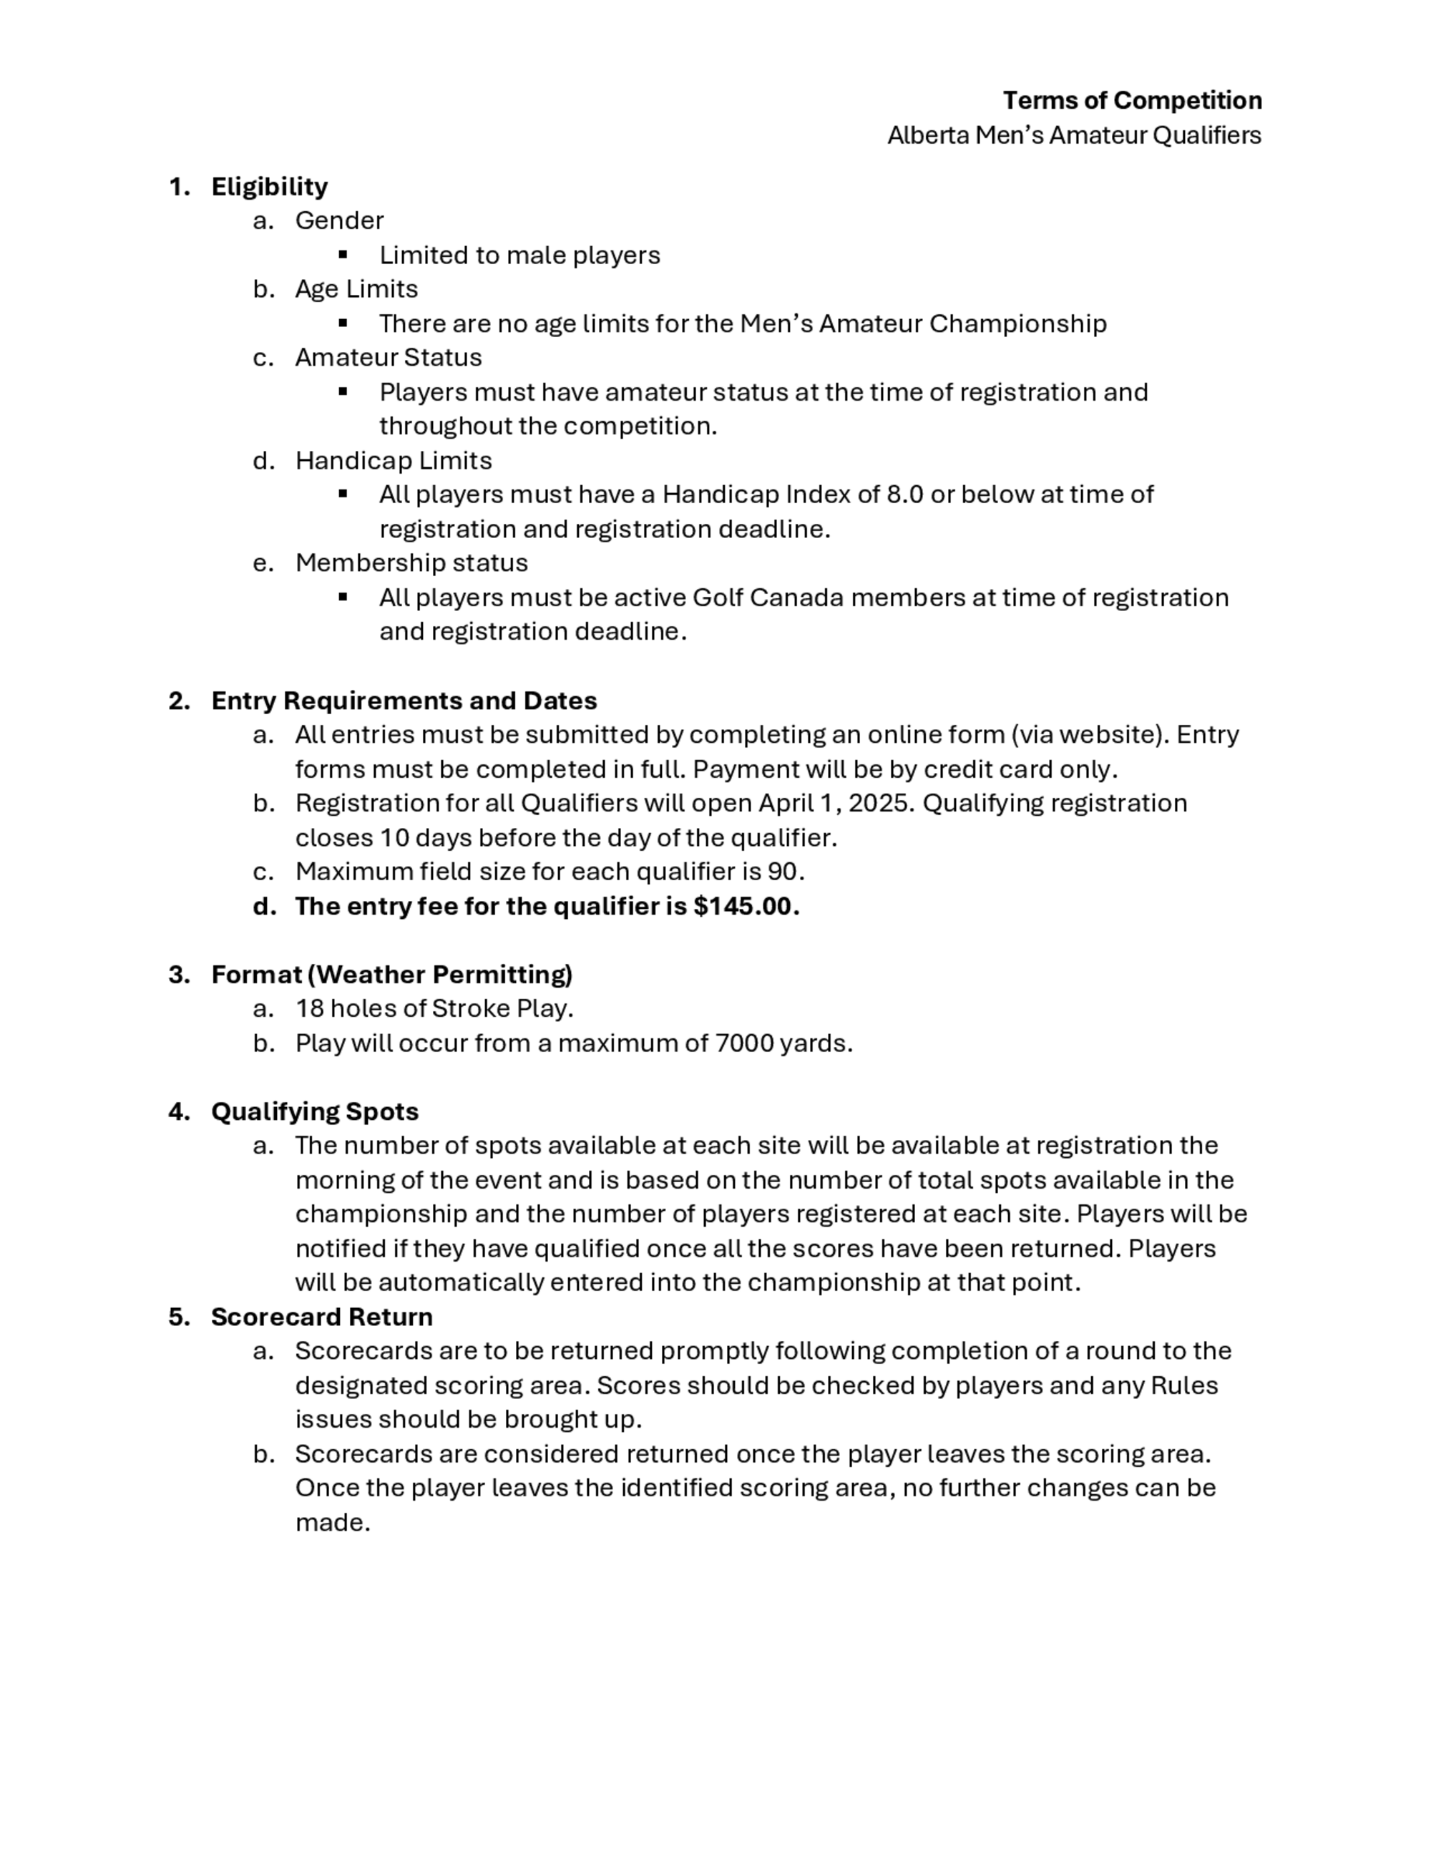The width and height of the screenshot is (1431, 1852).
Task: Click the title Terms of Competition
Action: tap(1132, 101)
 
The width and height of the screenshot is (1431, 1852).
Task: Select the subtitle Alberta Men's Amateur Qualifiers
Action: tap(1073, 136)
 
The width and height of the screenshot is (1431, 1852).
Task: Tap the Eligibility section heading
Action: tap(269, 187)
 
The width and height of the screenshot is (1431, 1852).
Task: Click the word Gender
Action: tap(339, 220)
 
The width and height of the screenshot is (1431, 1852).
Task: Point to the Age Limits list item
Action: tap(356, 289)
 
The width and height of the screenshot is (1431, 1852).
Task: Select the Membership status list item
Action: tap(411, 563)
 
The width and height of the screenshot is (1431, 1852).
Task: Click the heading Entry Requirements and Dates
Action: tap(404, 701)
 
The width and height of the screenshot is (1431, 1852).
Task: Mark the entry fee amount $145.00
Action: tap(743, 907)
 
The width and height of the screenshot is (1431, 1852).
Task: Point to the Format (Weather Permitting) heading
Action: tap(391, 975)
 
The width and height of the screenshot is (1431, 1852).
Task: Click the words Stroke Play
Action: tap(500, 1008)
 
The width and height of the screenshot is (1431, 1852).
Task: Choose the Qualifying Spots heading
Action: tap(315, 1112)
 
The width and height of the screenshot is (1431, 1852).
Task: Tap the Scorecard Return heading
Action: tap(321, 1317)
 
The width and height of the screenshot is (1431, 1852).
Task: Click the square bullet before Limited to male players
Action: tap(343, 254)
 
